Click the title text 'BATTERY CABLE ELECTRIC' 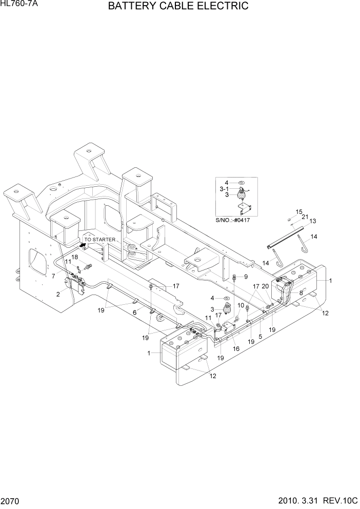pos(178,7)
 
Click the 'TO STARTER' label pos(100,240)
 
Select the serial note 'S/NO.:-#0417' pos(236,220)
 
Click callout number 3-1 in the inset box pos(224,189)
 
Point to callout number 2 pos(58,294)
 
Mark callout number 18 pos(75,257)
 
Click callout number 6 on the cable pos(135,312)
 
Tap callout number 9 pos(245,277)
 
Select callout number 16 pos(236,349)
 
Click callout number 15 pos(298,211)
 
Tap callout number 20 pos(266,286)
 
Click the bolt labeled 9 pos(235,278)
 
